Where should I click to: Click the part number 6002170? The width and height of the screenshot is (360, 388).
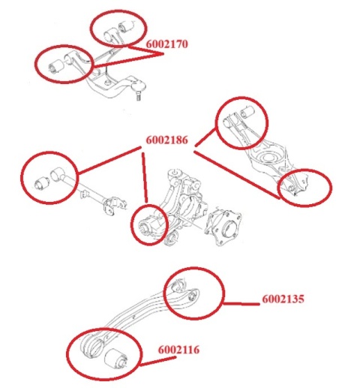[x=166, y=44]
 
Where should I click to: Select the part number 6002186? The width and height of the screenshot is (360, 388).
[x=166, y=140]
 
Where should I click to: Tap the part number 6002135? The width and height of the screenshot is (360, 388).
[x=283, y=299]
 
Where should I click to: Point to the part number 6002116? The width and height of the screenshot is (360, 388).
[x=179, y=350]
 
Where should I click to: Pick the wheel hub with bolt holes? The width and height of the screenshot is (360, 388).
[x=223, y=227]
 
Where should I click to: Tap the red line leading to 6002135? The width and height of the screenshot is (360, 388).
[x=241, y=304]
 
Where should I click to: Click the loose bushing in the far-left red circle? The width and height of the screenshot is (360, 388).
[x=41, y=184]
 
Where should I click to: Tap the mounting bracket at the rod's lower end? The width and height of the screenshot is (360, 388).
[x=114, y=206]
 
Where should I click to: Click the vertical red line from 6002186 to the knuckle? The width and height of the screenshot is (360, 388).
[x=145, y=177]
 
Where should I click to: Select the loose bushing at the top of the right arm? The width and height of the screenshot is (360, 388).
[x=247, y=111]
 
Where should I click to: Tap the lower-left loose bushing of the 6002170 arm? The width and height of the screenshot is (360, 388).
[x=56, y=65]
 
